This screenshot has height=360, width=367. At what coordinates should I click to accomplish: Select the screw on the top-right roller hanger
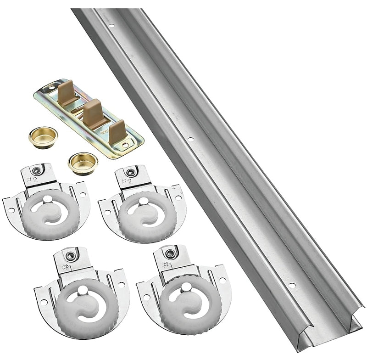[x=131, y=173]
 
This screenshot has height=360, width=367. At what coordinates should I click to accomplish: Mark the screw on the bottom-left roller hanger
[x=71, y=255]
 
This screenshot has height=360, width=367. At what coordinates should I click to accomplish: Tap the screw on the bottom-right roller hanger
[x=171, y=253]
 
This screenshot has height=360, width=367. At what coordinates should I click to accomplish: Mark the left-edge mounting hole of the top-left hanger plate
[x=11, y=210]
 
